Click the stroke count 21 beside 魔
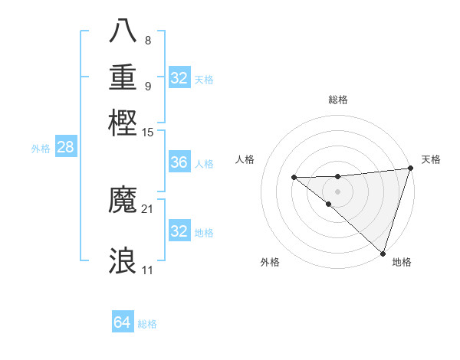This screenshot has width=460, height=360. pyautogui.click(x=148, y=208)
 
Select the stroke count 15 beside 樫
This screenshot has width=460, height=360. pyautogui.click(x=148, y=133)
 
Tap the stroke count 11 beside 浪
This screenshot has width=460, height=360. pyautogui.click(x=148, y=270)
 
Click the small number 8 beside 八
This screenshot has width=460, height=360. pyautogui.click(x=147, y=41)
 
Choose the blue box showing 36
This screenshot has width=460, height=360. pyautogui.click(x=179, y=162)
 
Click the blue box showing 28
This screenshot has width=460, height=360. pyautogui.click(x=65, y=148)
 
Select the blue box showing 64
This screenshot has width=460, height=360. pyautogui.click(x=123, y=322)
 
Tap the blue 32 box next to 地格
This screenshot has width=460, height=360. pyautogui.click(x=179, y=231)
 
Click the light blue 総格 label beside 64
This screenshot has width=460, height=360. pyautogui.click(x=148, y=324)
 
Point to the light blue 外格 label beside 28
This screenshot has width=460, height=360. pyautogui.click(x=41, y=149)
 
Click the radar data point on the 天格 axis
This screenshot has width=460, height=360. pyautogui.click(x=410, y=169)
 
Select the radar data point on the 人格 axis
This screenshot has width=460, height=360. pyautogui.click(x=294, y=178)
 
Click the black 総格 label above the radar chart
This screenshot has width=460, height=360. pyautogui.click(x=337, y=100)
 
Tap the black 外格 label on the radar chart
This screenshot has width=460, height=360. pyautogui.click(x=270, y=263)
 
